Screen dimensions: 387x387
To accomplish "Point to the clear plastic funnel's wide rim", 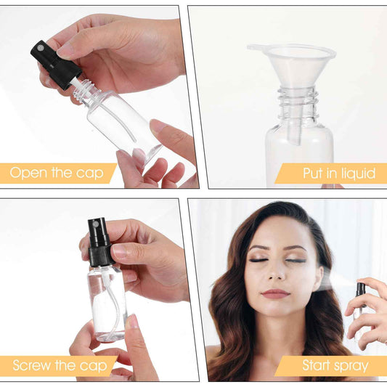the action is [292, 50].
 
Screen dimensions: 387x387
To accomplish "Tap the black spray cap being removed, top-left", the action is [55, 65].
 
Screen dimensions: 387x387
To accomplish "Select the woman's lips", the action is [275, 293].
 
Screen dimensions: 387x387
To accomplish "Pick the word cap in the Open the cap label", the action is [89, 174].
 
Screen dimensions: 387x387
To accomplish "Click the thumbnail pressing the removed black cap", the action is [65, 52].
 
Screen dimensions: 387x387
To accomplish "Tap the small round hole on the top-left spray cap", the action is [40, 48].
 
